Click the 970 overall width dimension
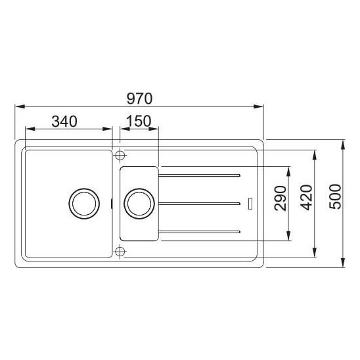(139, 99)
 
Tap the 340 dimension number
(64, 122)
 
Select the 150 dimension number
(139, 121)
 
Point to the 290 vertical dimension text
(281, 198)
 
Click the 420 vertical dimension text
(307, 198)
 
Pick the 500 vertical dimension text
(335, 196)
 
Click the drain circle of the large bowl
(84, 204)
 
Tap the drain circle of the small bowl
(139, 204)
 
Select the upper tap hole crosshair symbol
(120, 156)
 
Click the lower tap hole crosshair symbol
(120, 252)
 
